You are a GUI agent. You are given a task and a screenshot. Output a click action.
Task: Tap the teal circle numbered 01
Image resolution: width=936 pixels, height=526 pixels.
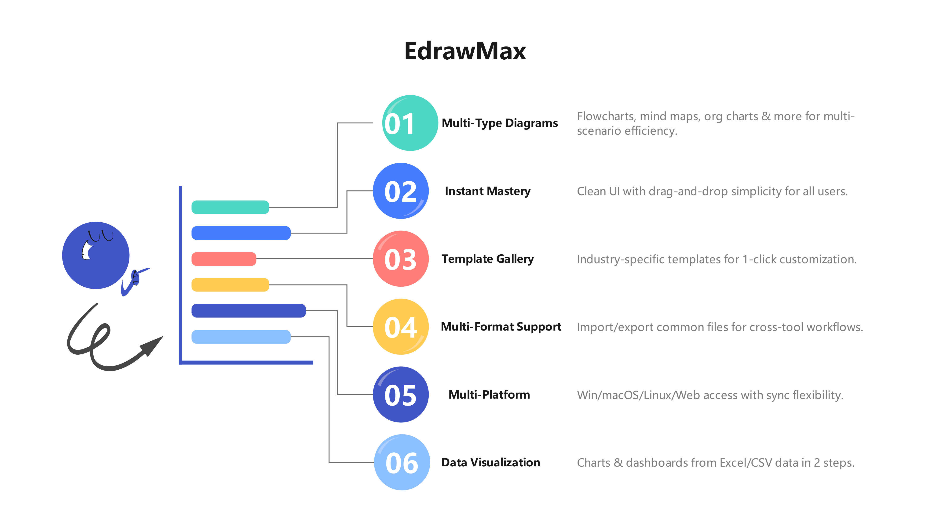pyautogui.click(x=410, y=123)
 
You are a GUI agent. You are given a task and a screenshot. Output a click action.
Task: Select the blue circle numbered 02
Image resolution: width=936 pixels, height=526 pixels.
pyautogui.click(x=401, y=191)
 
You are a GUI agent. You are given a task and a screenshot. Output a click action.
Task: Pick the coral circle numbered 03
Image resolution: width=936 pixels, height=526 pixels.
pyautogui.click(x=401, y=259)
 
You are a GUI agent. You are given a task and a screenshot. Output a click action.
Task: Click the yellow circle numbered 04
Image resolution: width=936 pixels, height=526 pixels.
pyautogui.click(x=401, y=327)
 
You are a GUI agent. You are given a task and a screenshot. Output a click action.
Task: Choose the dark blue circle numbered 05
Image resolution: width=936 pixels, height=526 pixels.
pyautogui.click(x=401, y=395)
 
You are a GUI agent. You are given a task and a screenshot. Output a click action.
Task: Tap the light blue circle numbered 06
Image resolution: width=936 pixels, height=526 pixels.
pyautogui.click(x=402, y=462)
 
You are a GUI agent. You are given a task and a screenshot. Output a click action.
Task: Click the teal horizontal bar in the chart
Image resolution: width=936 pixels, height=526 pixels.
pyautogui.click(x=230, y=207)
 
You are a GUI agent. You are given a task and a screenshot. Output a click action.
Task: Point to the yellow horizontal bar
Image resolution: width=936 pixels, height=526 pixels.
pyautogui.click(x=230, y=285)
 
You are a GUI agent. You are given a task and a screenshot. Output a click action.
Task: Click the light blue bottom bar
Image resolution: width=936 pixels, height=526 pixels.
pyautogui.click(x=241, y=337)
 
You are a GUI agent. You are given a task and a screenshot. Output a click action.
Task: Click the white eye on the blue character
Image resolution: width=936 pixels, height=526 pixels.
pyautogui.click(x=87, y=250)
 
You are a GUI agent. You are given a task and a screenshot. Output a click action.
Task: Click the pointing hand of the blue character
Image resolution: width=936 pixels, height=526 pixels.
pyautogui.click(x=135, y=278)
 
